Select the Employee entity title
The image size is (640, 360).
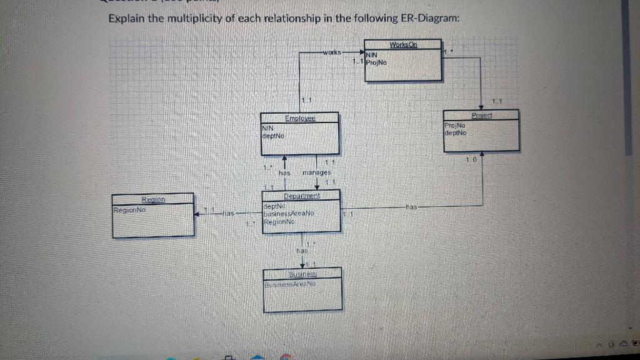click(300, 117)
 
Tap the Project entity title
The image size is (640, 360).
click(482, 115)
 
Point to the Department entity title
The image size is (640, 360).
click(301, 196)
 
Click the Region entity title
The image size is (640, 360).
click(153, 199)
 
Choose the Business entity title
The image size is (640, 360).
click(303, 274)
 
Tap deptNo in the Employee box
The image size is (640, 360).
click(273, 135)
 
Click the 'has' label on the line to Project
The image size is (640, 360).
click(411, 206)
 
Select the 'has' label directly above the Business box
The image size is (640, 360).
click(302, 250)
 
